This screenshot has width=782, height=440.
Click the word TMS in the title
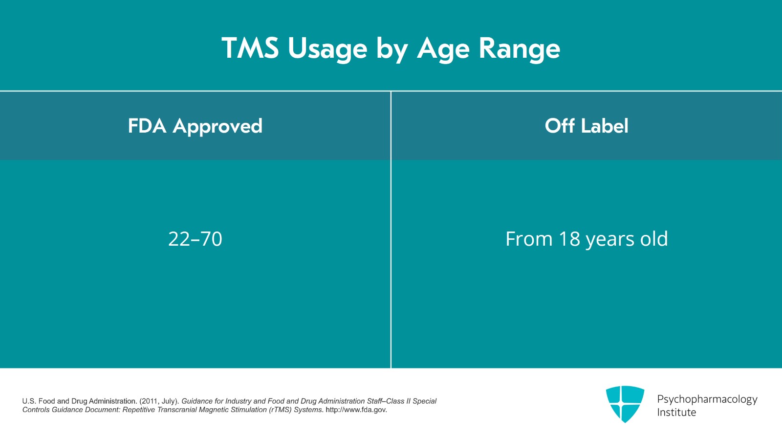(x=250, y=48)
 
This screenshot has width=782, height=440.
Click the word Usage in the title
(x=327, y=48)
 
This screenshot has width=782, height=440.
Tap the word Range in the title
(x=519, y=48)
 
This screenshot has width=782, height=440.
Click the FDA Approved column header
(x=195, y=126)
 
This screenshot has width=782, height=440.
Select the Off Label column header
(x=586, y=126)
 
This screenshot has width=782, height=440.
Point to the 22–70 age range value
(x=195, y=239)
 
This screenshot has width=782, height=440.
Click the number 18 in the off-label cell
(x=569, y=239)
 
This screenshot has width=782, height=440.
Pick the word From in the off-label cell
(x=529, y=239)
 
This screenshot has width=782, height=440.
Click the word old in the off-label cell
(x=654, y=239)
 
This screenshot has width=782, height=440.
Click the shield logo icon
(x=625, y=404)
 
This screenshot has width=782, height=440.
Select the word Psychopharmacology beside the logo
(x=707, y=399)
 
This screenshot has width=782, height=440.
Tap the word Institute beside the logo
(x=676, y=412)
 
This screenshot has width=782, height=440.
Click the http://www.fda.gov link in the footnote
(x=356, y=410)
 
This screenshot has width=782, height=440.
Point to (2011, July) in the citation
(x=159, y=401)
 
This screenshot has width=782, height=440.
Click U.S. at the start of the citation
(x=29, y=401)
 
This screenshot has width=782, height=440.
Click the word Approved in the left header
(x=217, y=126)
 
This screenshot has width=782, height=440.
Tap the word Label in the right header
(x=604, y=126)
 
